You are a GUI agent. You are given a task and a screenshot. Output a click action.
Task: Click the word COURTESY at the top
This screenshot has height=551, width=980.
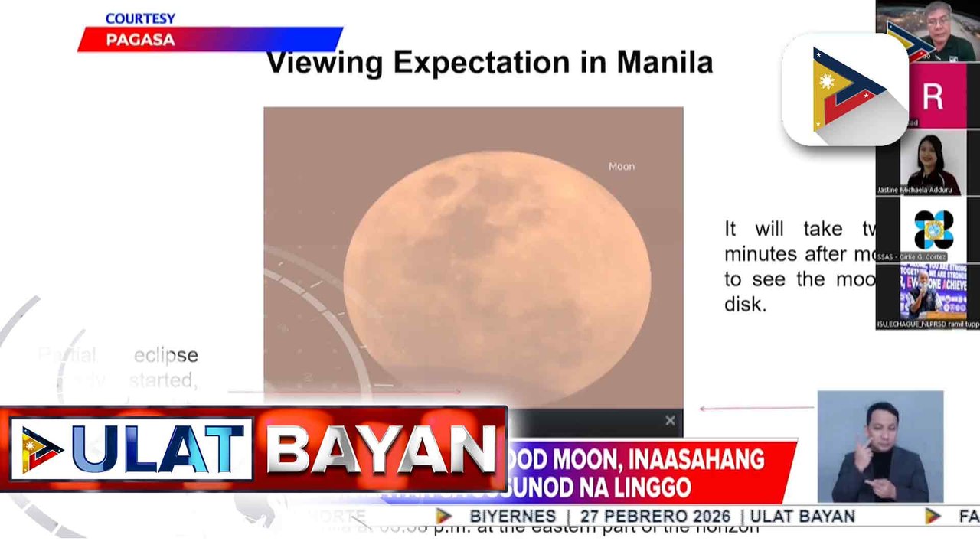(140, 18)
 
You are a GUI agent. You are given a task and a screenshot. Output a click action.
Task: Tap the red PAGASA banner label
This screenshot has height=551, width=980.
(140, 40)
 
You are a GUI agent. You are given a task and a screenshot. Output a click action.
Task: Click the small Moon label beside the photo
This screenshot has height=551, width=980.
(621, 166)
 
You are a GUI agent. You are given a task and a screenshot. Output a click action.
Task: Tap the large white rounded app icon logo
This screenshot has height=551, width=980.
(844, 90)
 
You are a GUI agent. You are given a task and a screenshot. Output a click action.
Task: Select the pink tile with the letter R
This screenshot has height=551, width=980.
(932, 96)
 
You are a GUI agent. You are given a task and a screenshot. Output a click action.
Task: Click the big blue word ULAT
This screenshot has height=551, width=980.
(162, 448)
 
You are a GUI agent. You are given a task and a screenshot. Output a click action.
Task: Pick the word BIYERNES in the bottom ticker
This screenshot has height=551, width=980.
(512, 517)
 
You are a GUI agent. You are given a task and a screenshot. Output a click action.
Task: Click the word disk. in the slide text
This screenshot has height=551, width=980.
(744, 305)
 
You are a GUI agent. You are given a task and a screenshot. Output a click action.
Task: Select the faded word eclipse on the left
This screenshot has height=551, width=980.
(165, 355)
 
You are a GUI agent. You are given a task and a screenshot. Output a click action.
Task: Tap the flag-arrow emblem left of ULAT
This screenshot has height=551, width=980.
(42, 449)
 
